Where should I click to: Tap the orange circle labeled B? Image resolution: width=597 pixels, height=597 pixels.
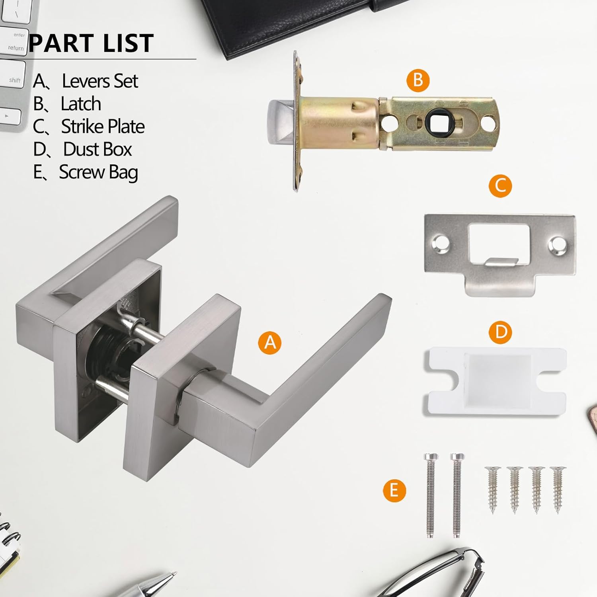point(418,80)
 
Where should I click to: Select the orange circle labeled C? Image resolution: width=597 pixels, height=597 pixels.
point(500,185)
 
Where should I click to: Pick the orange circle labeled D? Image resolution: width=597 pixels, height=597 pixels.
point(501,332)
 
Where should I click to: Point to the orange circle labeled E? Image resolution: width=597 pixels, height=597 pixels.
point(394,490)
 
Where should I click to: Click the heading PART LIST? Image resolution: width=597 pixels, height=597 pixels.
point(91,43)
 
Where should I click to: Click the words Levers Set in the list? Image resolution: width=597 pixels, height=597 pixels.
point(100,81)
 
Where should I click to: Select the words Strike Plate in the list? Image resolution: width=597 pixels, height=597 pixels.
point(103,127)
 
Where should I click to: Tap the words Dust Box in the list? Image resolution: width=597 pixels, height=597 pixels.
point(98,149)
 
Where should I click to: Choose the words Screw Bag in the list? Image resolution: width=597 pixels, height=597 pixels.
point(98,172)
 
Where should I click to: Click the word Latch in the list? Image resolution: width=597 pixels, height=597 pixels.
point(81,104)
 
